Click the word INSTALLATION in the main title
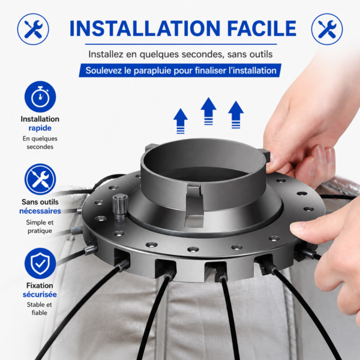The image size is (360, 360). (145, 28)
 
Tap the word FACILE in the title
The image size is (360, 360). (262, 28)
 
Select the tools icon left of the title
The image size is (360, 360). (33, 29)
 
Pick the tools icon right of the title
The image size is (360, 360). (327, 29)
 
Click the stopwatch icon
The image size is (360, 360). (40, 97)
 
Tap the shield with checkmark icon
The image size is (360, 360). (40, 263)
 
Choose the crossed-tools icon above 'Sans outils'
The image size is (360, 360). (40, 179)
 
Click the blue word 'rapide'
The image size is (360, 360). (40, 128)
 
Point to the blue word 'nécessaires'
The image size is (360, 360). (40, 211)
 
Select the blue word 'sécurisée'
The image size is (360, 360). (40, 295)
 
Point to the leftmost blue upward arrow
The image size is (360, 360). (181, 121)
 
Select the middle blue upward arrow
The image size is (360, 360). (208, 111)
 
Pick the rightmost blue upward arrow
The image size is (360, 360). (236, 115)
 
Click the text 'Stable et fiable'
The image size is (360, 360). (40, 308)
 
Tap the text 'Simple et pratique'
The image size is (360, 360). (40, 226)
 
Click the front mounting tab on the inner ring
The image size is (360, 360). (194, 205)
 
